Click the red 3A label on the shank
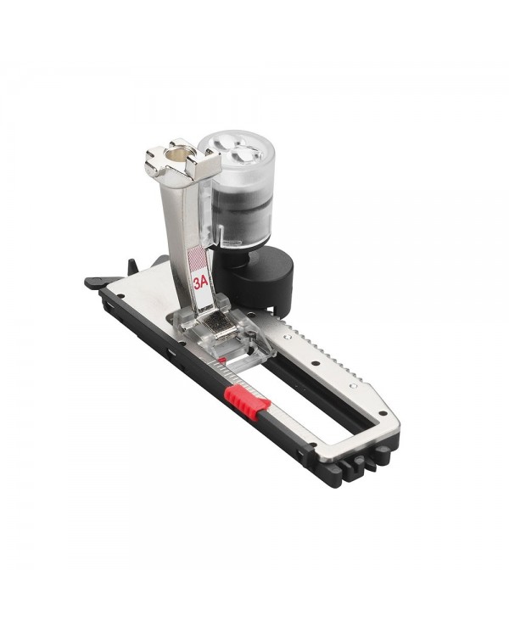click(200, 282)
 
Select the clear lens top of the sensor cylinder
click(237, 150)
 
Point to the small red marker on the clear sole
click(221, 359)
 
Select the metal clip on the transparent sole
click(218, 327)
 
